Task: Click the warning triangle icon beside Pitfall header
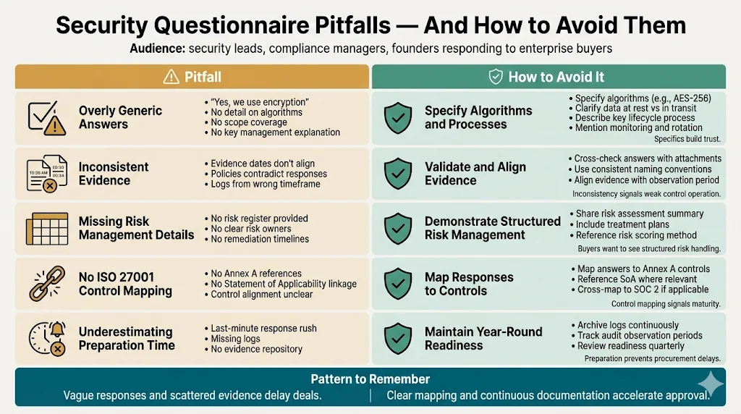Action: point(171,77)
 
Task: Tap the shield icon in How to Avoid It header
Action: point(496,77)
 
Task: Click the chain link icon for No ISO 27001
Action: point(46,284)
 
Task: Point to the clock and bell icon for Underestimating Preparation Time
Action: point(46,338)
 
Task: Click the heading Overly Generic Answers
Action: point(120,117)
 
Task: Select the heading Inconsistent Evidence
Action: point(114,174)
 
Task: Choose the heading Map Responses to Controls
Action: point(469,284)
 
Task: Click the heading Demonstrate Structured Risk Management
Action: point(492,228)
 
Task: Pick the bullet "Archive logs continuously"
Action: point(627,325)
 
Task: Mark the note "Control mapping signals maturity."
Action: point(666,304)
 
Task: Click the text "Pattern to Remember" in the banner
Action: point(370,379)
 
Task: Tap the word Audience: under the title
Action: point(157,49)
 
